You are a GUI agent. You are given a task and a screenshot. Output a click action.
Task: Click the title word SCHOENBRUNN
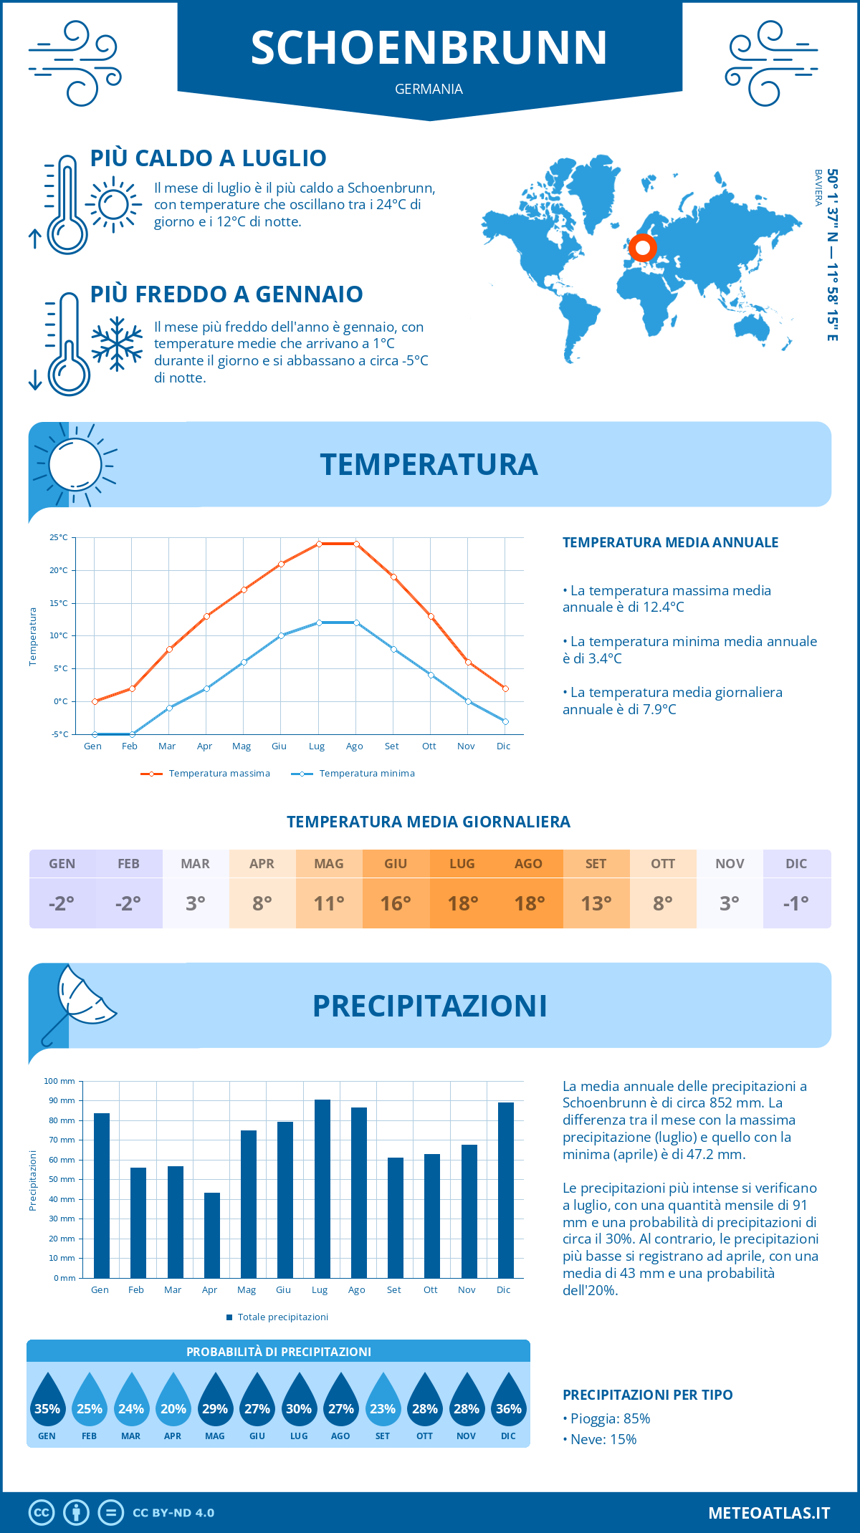pyautogui.click(x=429, y=48)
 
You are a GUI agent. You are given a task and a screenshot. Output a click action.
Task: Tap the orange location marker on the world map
pyautogui.click(x=643, y=248)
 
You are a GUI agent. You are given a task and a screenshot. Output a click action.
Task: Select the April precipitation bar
pyautogui.click(x=212, y=1235)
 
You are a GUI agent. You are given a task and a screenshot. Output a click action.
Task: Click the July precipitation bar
pyautogui.click(x=322, y=1188)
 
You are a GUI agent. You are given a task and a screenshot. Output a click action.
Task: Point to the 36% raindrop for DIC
pyautogui.click(x=508, y=1401)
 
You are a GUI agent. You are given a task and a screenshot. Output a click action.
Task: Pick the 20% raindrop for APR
pyautogui.click(x=173, y=1401)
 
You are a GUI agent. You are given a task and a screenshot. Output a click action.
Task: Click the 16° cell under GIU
pyautogui.click(x=396, y=903)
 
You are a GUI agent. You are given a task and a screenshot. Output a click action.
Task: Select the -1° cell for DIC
pyautogui.click(x=796, y=903)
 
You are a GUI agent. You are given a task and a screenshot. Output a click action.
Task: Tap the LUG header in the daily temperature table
pyautogui.click(x=462, y=864)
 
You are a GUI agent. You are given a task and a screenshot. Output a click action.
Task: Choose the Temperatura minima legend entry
pyautogui.click(x=354, y=774)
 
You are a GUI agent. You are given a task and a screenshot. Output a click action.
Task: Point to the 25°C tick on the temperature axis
pyautogui.click(x=59, y=537)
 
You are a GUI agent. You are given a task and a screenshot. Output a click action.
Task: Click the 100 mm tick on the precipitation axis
pyautogui.click(x=60, y=1081)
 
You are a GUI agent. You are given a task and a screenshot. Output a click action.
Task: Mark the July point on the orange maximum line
pyautogui.click(x=319, y=544)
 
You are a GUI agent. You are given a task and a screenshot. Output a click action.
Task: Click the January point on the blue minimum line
pyautogui.click(x=95, y=734)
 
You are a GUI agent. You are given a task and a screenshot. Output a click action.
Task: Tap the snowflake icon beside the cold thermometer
pyautogui.click(x=117, y=344)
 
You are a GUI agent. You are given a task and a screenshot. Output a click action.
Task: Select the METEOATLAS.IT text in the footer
pyautogui.click(x=769, y=1513)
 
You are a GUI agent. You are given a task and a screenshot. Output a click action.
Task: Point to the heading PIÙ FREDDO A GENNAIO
pyautogui.click(x=226, y=294)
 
